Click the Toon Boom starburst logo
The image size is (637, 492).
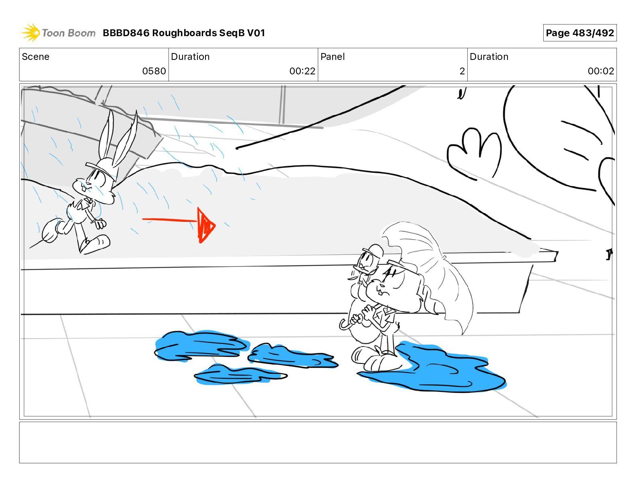pyautogui.click(x=31, y=33)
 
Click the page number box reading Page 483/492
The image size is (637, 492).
pyautogui.click(x=579, y=33)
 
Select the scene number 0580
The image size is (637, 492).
pyautogui.click(x=154, y=71)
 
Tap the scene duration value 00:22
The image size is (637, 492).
pyautogui.click(x=302, y=71)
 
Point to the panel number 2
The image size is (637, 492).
pyautogui.click(x=462, y=71)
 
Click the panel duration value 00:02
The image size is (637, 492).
pyautogui.click(x=601, y=71)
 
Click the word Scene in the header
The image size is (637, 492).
pyautogui.click(x=35, y=57)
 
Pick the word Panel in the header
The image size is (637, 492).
pyautogui.click(x=333, y=57)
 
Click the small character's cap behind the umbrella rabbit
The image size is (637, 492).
pyautogui.click(x=373, y=251)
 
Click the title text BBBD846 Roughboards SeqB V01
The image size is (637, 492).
pyautogui.click(x=184, y=33)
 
